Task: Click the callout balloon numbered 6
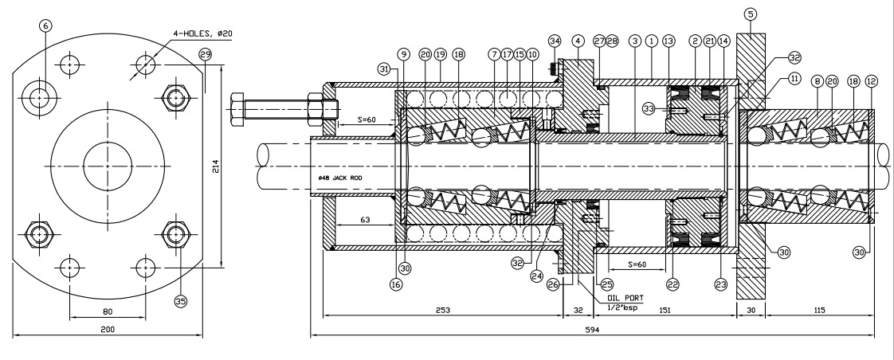(45, 25)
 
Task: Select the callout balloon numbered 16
(396, 281)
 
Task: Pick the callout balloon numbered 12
(870, 81)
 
